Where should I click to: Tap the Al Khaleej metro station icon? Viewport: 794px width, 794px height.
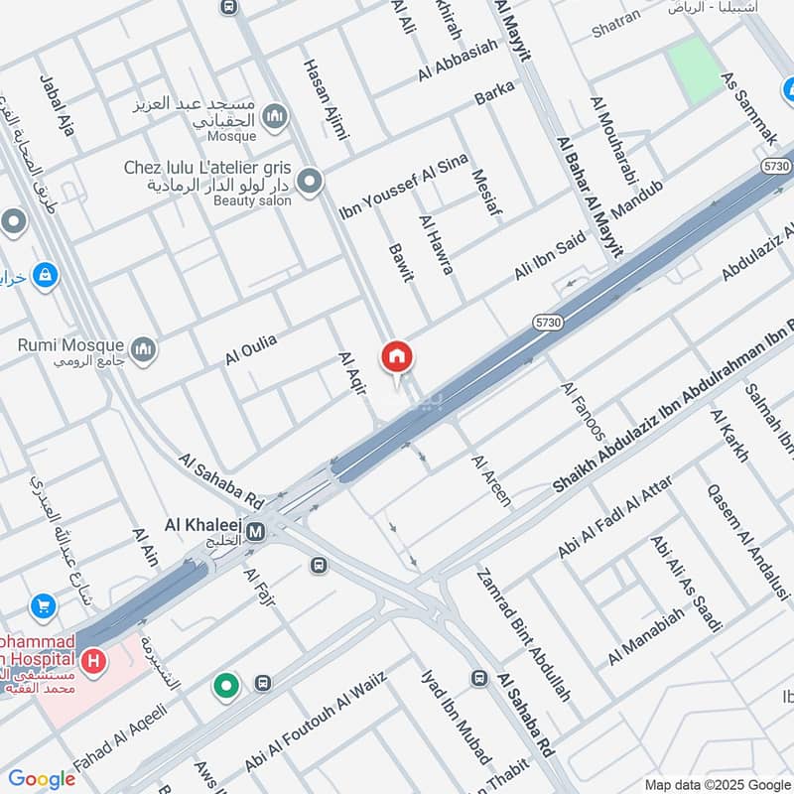[256, 532]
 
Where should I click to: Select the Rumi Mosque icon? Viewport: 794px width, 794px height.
[145, 349]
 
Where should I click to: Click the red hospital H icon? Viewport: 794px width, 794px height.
[94, 660]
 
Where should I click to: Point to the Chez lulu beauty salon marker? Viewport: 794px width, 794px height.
[311, 182]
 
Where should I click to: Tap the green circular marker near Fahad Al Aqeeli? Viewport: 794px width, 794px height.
[227, 685]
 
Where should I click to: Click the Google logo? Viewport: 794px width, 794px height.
[42, 779]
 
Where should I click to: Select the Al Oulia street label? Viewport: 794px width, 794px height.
[250, 350]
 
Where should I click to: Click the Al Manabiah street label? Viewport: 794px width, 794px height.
[646, 637]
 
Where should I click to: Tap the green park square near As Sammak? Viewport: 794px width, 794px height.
[696, 67]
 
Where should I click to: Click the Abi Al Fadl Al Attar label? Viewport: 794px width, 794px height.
[615, 516]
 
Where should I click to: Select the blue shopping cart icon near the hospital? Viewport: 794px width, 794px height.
[44, 604]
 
